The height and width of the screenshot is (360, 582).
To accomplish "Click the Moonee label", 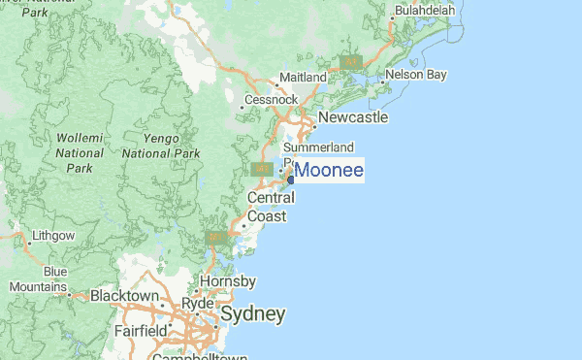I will click(x=329, y=171).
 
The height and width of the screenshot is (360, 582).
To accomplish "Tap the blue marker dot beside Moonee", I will click(x=291, y=179).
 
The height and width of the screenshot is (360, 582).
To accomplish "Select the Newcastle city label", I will click(x=353, y=117).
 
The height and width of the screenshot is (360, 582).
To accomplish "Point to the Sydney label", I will click(x=252, y=314).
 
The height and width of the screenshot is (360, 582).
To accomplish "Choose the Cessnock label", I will click(x=272, y=99).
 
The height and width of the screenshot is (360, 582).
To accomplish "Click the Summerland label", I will click(x=317, y=147).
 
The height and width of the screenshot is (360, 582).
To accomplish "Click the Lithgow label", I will click(x=53, y=235).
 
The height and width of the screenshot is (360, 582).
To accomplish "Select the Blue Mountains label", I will click(x=40, y=279).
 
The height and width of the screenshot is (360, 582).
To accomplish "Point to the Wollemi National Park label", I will click(x=80, y=153).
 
